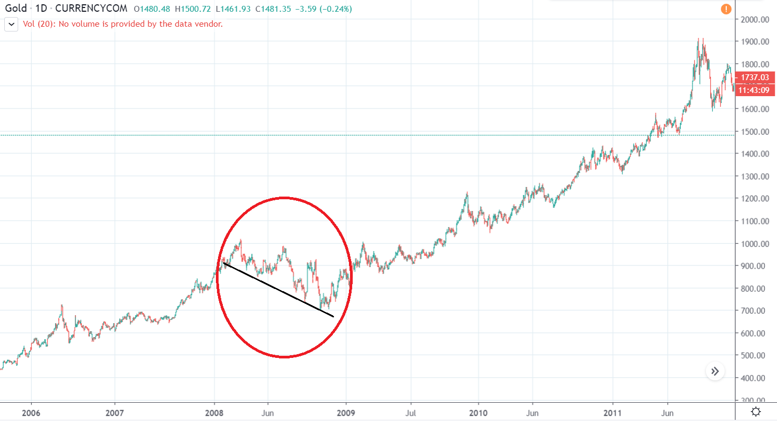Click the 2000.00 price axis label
coord(756,20)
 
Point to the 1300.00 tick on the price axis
coord(756,176)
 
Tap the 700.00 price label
coord(756,310)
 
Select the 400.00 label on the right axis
coord(756,378)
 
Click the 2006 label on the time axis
coord(32,412)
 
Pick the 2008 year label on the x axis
coord(214,412)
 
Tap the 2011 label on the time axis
coord(612,412)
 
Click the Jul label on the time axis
coord(411,412)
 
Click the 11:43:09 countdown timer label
coord(754,90)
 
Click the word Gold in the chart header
coord(15,9)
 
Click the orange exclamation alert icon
coord(726,9)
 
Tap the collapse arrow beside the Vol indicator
coord(11,24)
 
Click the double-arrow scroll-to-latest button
coord(715,371)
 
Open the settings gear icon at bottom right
coord(756,412)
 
